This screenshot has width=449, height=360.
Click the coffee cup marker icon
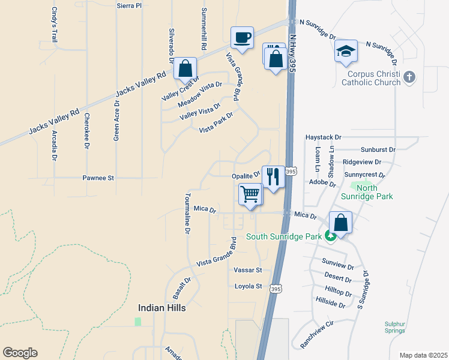(x=242, y=38)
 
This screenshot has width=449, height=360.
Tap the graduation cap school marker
(x=346, y=51)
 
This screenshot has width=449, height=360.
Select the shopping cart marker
(x=250, y=194)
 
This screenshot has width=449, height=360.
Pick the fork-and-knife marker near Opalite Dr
(x=273, y=176)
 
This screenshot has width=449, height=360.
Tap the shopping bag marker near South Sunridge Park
(x=340, y=223)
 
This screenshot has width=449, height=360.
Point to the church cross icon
(x=409, y=77)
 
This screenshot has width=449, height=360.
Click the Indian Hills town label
(x=162, y=308)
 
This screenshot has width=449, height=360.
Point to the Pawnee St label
(x=98, y=178)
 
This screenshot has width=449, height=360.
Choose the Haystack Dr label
(x=323, y=137)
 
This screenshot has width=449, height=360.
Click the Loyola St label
(x=249, y=286)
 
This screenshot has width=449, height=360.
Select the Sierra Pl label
(x=129, y=5)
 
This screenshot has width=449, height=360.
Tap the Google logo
(x=20, y=353)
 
